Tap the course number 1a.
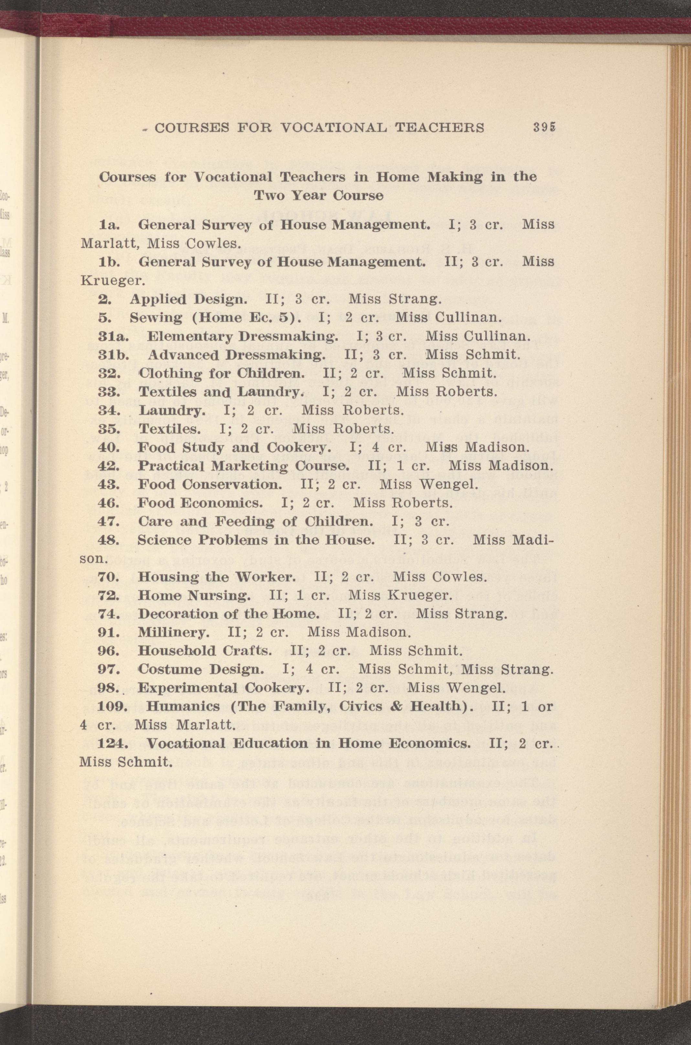(108, 225)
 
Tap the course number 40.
(107, 447)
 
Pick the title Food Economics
(200, 503)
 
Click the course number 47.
(107, 521)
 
